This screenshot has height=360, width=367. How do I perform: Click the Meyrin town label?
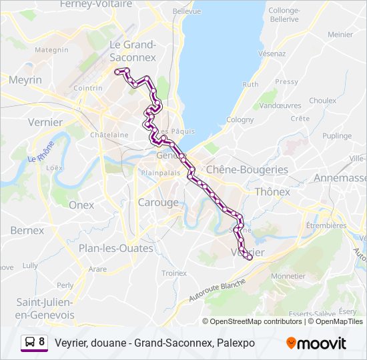tap(25, 79)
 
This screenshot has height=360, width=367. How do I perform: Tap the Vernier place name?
tap(45, 122)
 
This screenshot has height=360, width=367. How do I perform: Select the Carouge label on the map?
tap(158, 202)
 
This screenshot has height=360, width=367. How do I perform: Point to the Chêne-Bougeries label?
tap(248, 169)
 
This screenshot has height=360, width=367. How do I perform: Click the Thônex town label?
tap(272, 191)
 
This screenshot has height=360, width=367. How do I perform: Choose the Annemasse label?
tap(340, 178)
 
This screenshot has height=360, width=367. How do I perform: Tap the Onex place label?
tap(81, 205)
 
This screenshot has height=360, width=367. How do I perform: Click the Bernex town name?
tap(27, 230)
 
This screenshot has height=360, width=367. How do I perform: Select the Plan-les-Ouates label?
tap(115, 248)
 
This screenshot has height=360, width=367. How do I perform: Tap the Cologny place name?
tap(240, 119)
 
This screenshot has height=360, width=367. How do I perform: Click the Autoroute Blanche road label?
tap(217, 291)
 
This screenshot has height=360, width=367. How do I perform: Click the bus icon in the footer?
tap(30, 343)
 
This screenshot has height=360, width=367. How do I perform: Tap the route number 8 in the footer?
tap(42, 343)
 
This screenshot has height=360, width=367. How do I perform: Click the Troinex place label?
tap(174, 273)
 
